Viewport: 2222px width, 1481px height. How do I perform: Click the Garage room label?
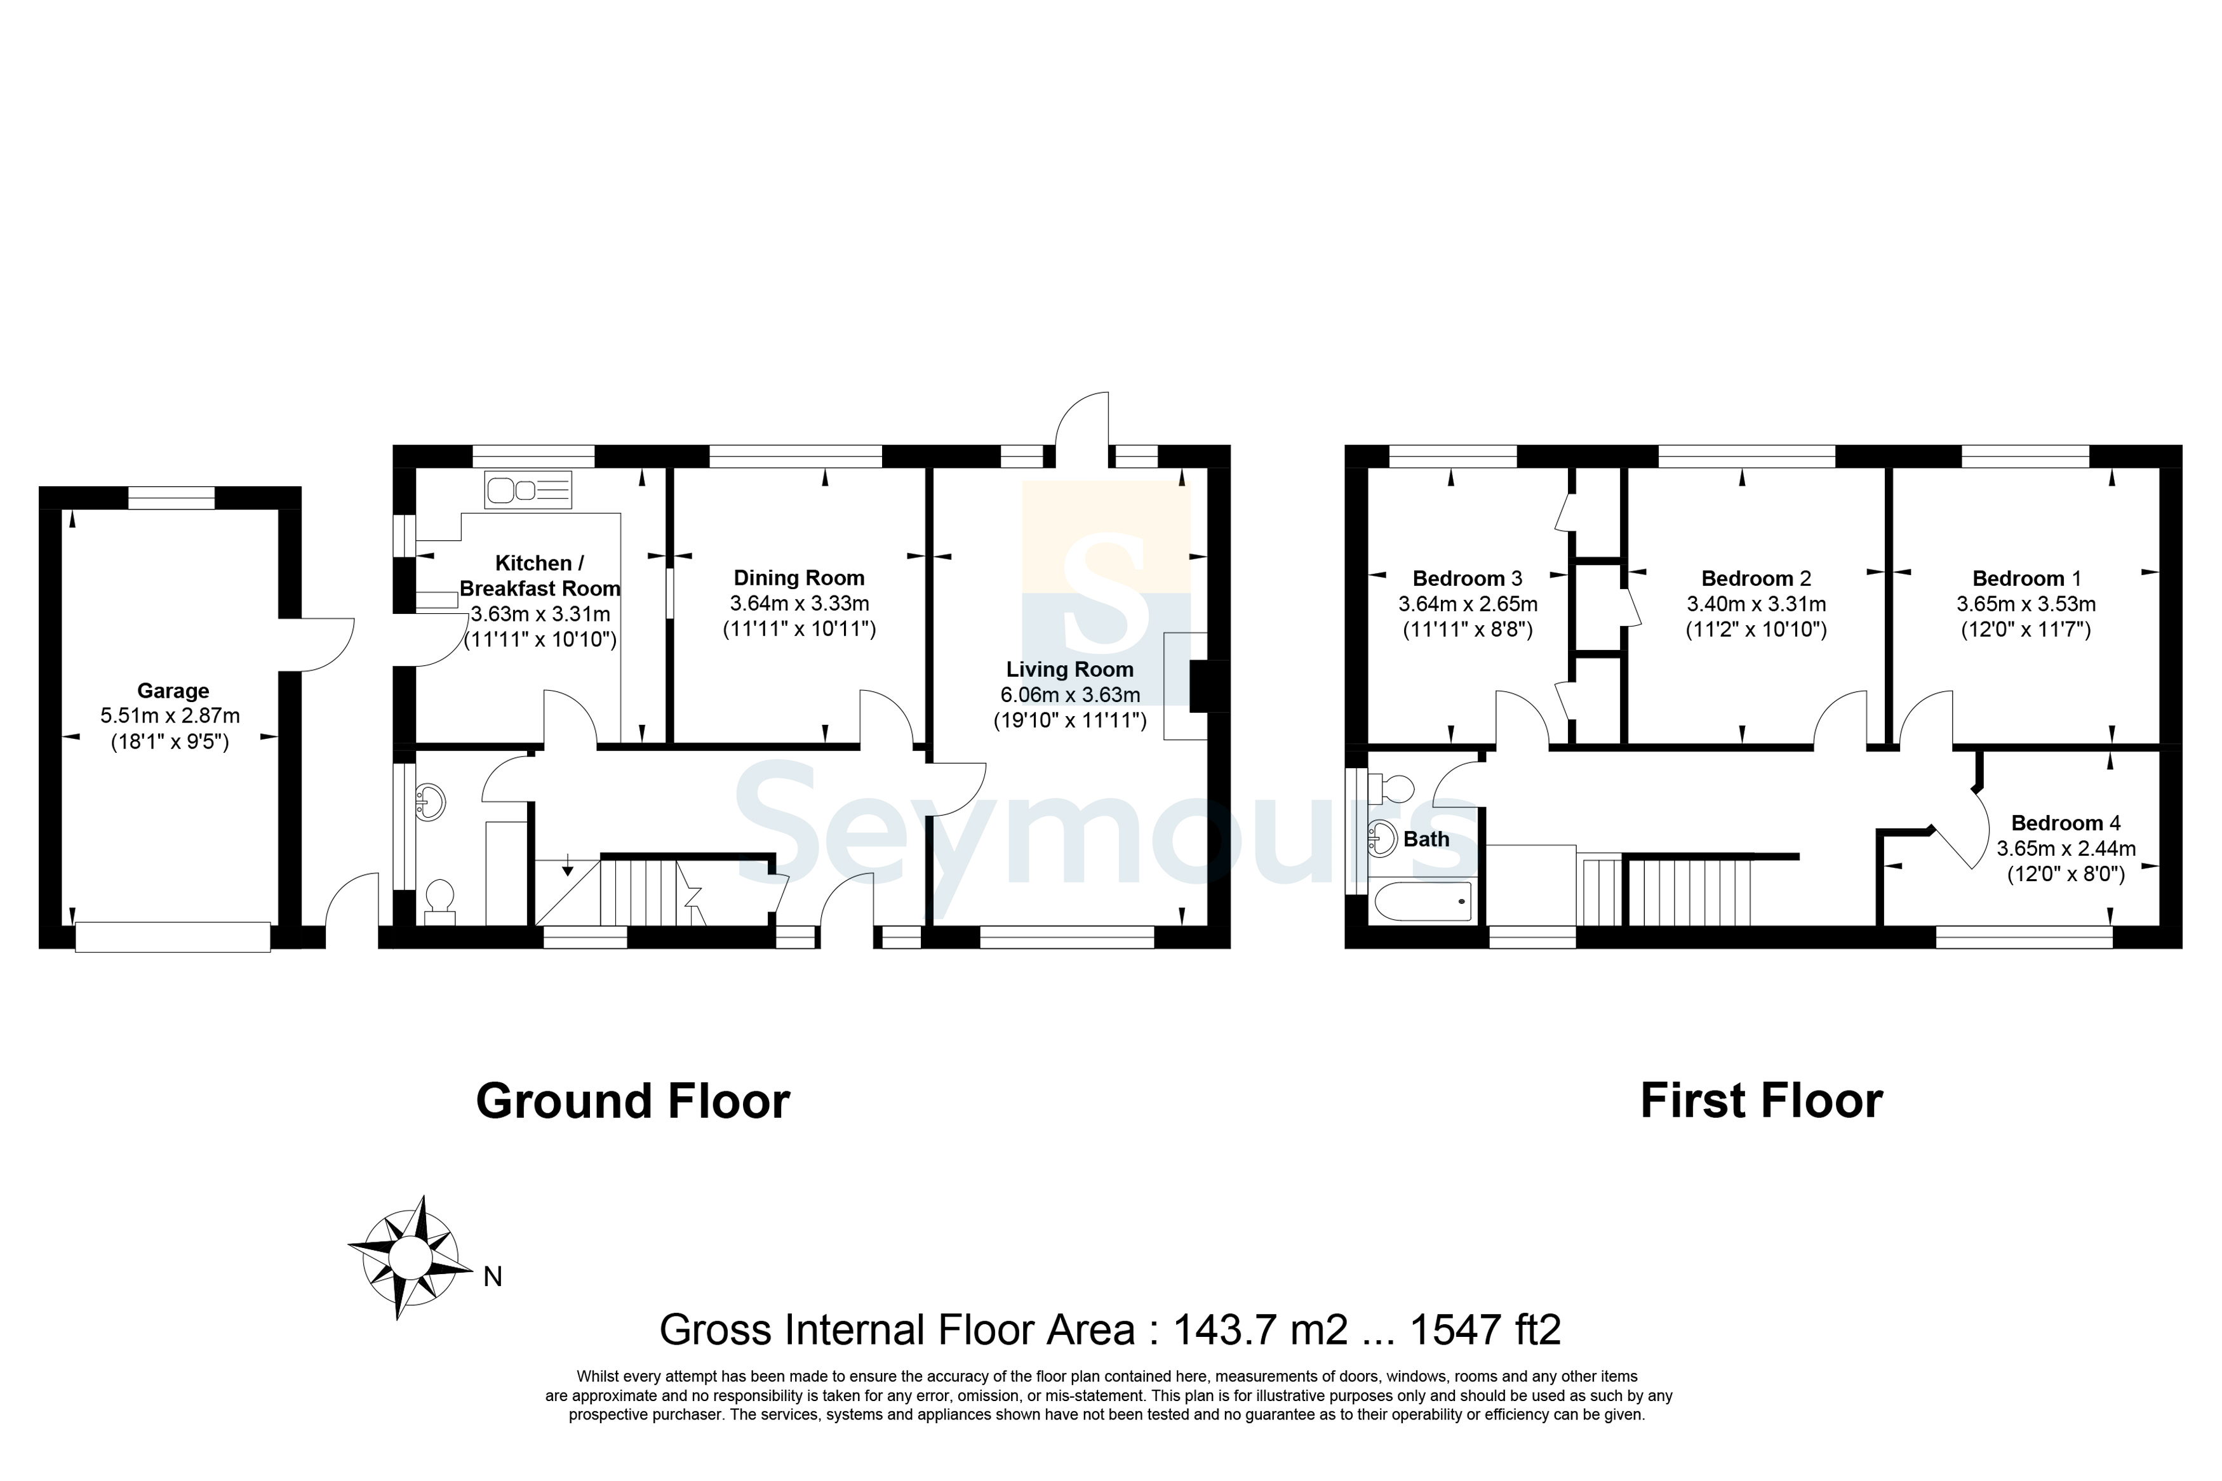click(x=173, y=691)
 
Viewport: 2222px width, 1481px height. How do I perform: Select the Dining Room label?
click(x=800, y=578)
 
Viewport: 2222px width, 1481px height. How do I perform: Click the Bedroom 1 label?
click(x=2026, y=579)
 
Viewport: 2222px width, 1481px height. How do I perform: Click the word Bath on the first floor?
click(x=1426, y=839)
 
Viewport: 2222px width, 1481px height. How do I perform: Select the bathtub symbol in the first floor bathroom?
click(x=1424, y=900)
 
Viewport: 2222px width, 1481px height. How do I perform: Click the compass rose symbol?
click(x=410, y=1257)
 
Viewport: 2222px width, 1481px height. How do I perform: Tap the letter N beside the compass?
click(x=492, y=1277)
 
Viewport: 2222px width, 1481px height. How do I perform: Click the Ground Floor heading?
click(x=633, y=1101)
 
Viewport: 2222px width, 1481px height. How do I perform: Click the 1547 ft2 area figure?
click(x=1485, y=1330)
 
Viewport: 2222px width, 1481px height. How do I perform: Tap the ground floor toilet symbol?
click(x=439, y=902)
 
